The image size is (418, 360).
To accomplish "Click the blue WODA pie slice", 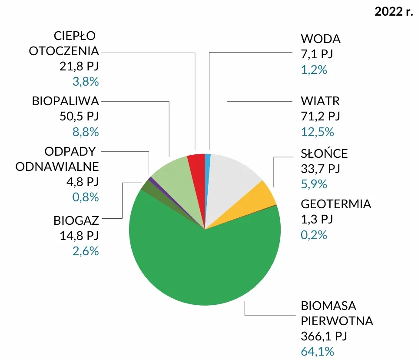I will (207, 165).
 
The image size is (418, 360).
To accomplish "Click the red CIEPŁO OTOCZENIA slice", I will (196, 167).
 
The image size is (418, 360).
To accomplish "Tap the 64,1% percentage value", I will (317, 352).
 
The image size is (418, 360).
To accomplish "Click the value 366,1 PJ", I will (324, 336).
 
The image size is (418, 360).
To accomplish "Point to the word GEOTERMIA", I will (336, 204).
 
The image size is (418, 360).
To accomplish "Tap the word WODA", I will (321, 39).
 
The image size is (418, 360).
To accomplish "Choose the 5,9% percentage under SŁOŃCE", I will (314, 184).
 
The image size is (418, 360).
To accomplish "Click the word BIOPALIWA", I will (66, 101).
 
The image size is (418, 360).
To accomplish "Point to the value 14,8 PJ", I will (79, 236).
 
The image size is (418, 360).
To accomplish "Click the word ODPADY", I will (72, 152).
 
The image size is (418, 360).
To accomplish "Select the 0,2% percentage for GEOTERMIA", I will (314, 235).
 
